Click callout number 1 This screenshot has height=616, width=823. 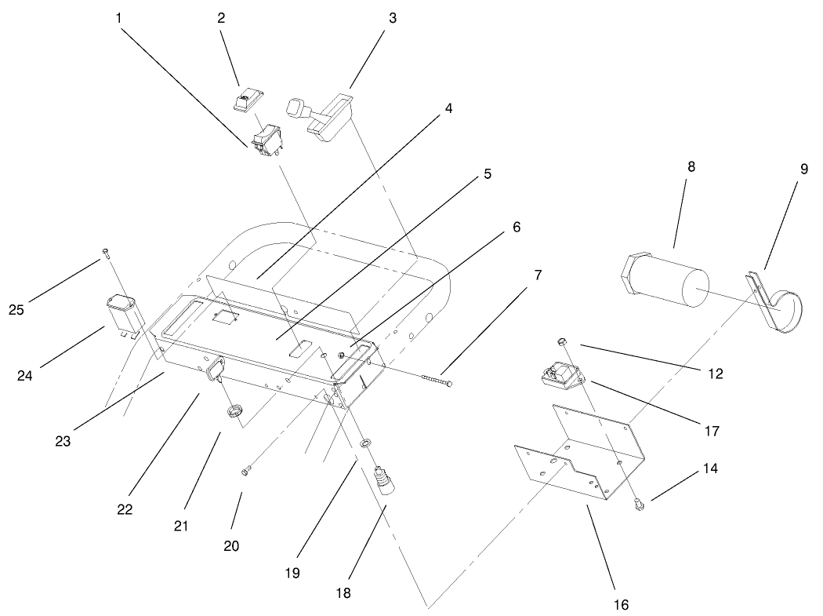click(118, 16)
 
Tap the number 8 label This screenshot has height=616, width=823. click(691, 166)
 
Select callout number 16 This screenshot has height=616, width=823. click(622, 604)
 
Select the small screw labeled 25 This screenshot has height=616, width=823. click(105, 251)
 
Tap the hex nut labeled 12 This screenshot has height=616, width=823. click(562, 341)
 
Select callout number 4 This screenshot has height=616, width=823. click(448, 108)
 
